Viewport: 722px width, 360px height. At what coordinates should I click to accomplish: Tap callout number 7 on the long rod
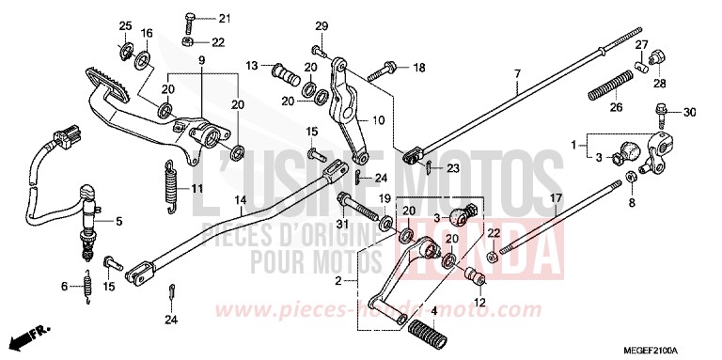(x=516, y=73)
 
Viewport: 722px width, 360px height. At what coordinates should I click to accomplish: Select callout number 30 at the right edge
(x=689, y=113)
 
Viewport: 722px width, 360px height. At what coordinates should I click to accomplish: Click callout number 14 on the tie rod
(x=241, y=201)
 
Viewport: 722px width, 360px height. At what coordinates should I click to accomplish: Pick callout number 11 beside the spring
(x=198, y=188)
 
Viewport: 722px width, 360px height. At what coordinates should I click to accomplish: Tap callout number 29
(x=321, y=25)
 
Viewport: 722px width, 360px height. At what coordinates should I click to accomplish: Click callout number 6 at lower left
(x=64, y=287)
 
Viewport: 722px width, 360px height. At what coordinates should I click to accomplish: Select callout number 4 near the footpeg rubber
(x=434, y=310)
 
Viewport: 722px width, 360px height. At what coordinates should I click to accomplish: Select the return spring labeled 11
(x=170, y=177)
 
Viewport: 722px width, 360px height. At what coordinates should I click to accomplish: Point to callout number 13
(x=252, y=66)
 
